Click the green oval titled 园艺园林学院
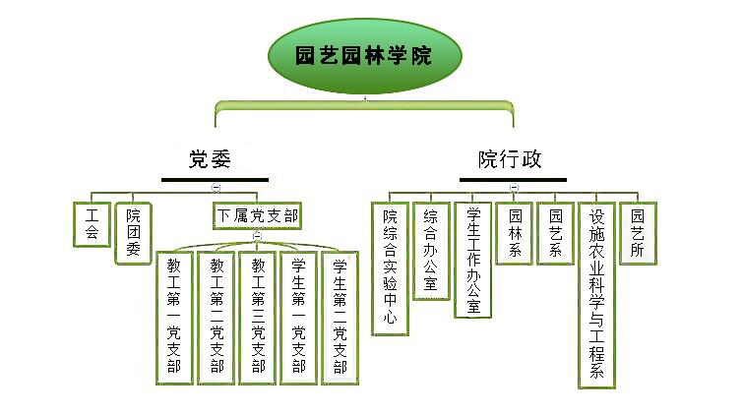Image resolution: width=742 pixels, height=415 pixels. click(x=364, y=55)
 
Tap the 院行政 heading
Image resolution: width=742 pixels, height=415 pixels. click(x=510, y=158)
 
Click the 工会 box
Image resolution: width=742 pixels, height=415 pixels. click(x=93, y=224)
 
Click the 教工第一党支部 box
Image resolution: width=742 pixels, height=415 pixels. click(x=174, y=318)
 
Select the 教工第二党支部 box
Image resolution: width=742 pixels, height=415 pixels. click(x=216, y=318)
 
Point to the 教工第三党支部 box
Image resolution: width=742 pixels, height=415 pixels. click(x=258, y=318)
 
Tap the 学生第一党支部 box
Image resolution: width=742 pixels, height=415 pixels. click(x=299, y=318)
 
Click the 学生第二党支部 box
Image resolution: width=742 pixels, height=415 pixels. click(x=341, y=318)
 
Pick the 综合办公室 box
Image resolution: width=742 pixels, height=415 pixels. click(x=431, y=252)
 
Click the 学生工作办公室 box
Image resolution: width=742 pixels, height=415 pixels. click(x=472, y=260)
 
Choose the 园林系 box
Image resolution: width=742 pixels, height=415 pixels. click(x=514, y=233)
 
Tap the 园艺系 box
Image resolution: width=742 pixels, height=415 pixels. click(x=555, y=233)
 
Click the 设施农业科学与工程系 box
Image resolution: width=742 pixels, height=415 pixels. click(x=596, y=294)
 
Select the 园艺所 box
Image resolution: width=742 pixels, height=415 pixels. click(x=638, y=233)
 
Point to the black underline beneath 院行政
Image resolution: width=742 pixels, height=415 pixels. click(x=513, y=180)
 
